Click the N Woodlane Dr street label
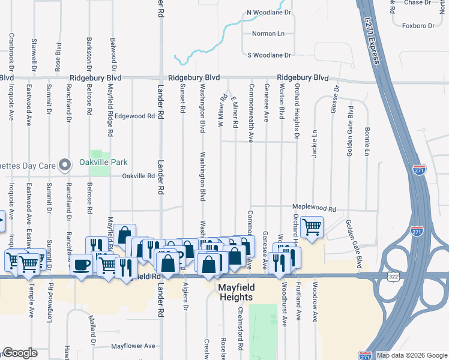[268, 12]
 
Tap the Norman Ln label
[268, 34]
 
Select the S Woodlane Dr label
[269, 55]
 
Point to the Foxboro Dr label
[418, 26]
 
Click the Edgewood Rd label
[135, 116]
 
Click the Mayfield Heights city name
[237, 292]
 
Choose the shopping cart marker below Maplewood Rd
[312, 227]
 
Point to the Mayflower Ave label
[133, 346]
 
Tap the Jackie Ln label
[314, 144]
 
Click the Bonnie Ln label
[366, 142]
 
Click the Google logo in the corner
[20, 353]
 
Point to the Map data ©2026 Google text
[411, 355]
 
